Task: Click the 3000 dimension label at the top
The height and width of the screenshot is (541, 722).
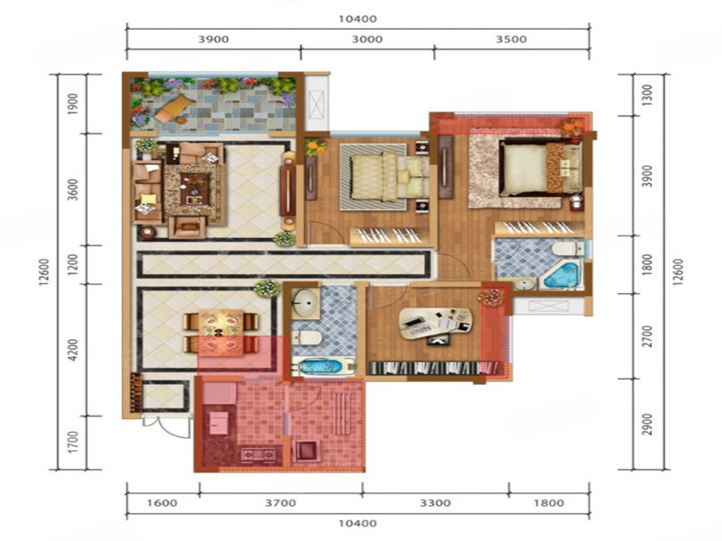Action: (x=367, y=39)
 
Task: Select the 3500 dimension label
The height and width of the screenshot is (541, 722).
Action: (x=511, y=39)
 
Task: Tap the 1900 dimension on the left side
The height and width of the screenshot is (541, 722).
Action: (x=73, y=104)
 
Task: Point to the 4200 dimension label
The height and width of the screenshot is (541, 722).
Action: (x=73, y=350)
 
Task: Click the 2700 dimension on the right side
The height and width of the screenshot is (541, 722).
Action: (x=648, y=336)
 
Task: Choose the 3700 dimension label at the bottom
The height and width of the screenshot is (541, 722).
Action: (x=281, y=503)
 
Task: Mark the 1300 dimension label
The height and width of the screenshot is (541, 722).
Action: (x=647, y=95)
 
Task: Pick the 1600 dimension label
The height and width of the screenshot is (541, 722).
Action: (x=162, y=503)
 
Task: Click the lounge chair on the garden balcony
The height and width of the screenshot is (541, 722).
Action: (x=172, y=108)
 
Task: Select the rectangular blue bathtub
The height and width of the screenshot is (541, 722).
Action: (x=320, y=367)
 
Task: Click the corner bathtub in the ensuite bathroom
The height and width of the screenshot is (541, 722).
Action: (x=561, y=275)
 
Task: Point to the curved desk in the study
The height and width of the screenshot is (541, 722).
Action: (x=436, y=322)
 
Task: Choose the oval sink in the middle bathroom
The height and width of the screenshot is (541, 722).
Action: (x=304, y=302)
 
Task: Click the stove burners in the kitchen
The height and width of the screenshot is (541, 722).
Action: (x=258, y=455)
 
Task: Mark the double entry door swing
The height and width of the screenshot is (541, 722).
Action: (x=166, y=426)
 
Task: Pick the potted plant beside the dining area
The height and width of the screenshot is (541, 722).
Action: (x=267, y=289)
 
